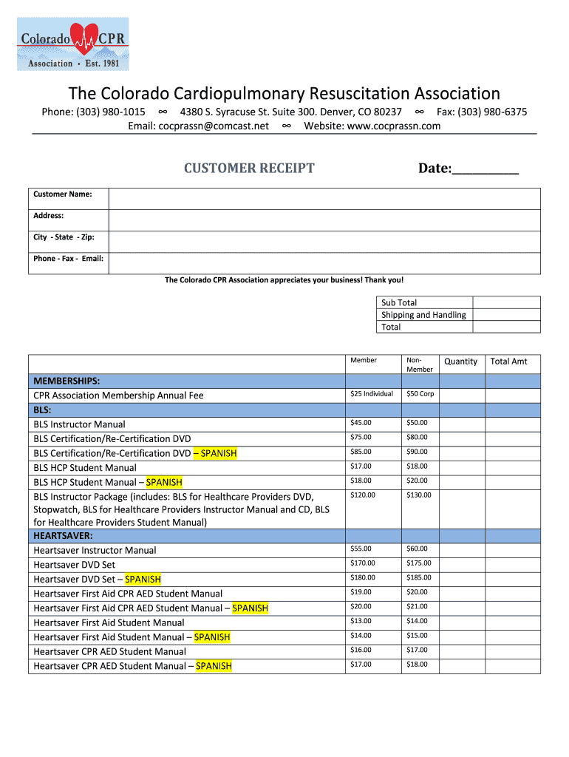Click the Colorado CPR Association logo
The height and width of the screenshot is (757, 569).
(72, 44)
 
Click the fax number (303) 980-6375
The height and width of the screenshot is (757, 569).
(491, 112)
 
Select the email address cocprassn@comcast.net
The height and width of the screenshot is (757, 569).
(213, 126)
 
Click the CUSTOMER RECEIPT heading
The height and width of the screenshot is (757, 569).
(249, 169)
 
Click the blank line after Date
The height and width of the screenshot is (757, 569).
(485, 170)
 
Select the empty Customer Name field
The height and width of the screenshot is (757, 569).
(324, 198)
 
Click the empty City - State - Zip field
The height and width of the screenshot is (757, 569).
(324, 242)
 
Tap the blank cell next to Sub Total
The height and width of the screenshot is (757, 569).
(506, 302)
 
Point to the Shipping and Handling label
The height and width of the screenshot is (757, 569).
(423, 315)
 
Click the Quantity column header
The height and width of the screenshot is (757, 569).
(460, 361)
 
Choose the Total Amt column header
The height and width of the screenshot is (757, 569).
(509, 361)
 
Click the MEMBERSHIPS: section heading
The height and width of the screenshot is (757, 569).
(67, 381)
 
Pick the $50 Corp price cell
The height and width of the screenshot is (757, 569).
(420, 394)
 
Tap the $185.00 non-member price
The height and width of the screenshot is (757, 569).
(418, 578)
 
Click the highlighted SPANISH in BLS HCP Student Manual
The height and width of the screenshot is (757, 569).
(164, 483)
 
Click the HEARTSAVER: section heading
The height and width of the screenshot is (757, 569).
(63, 535)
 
